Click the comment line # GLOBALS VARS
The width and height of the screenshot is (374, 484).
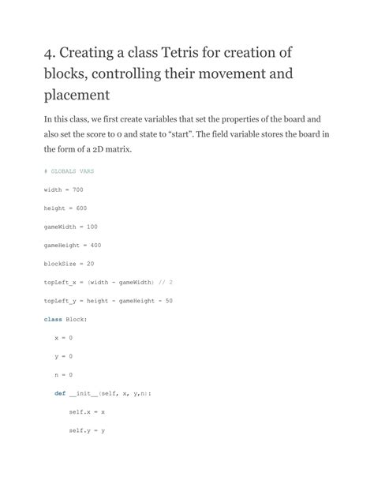click(x=70, y=171)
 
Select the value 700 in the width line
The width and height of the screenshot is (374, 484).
click(x=77, y=189)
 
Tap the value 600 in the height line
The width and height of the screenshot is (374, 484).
click(x=80, y=208)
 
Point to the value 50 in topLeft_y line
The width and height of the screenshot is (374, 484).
click(x=168, y=301)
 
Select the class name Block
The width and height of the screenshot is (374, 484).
click(x=77, y=319)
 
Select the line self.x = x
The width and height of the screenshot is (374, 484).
click(x=87, y=411)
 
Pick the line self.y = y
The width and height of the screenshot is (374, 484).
click(x=87, y=430)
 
